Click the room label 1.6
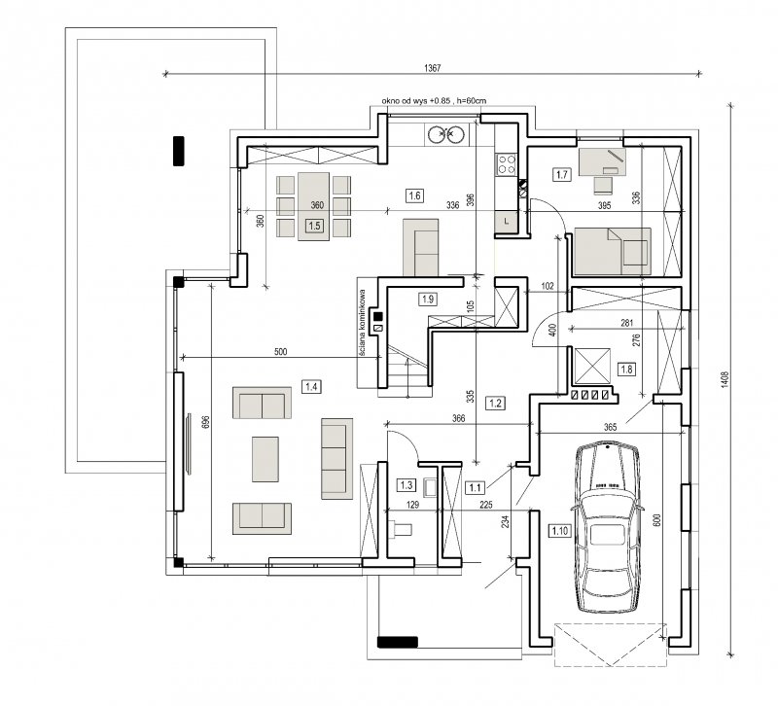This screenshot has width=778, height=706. (415, 195)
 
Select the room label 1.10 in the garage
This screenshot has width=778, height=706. (559, 531)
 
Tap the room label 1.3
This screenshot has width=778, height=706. (407, 484)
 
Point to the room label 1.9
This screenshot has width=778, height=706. (428, 300)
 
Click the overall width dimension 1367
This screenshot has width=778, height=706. (432, 68)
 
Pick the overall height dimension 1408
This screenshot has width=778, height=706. (725, 380)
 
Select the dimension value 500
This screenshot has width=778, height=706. (281, 352)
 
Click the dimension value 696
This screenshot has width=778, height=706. (207, 422)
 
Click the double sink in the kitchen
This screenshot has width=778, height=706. (446, 134)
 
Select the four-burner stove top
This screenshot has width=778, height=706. (507, 164)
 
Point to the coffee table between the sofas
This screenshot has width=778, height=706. (265, 459)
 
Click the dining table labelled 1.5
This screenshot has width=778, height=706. (313, 206)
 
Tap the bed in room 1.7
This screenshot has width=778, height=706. (612, 251)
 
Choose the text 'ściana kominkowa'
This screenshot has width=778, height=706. (362, 323)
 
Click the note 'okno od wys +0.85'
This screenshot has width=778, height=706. (416, 101)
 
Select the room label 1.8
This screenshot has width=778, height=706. (626, 370)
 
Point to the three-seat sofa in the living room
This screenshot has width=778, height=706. (336, 458)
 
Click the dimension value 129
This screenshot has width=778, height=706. (412, 505)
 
